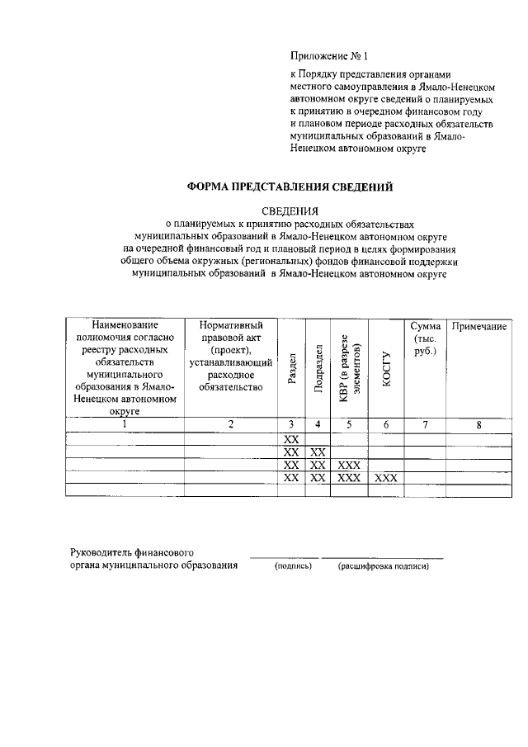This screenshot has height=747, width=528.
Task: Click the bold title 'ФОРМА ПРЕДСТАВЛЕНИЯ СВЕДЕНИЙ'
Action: [x=289, y=187]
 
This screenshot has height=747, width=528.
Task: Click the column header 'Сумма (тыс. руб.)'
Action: [x=425, y=339]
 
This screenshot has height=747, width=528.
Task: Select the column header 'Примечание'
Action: [x=478, y=327]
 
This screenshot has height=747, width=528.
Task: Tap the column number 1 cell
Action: [x=125, y=424]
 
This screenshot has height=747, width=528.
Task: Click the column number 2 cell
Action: [x=231, y=424]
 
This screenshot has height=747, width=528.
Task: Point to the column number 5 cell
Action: [x=350, y=424]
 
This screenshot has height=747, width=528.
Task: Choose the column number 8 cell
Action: [x=478, y=424]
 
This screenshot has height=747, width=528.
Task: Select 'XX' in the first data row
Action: [x=291, y=439]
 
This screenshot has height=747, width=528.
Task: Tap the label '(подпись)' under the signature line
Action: [x=293, y=567]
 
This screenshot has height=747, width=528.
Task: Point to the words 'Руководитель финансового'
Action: [x=132, y=551]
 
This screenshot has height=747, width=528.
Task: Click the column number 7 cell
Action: [x=425, y=424]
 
